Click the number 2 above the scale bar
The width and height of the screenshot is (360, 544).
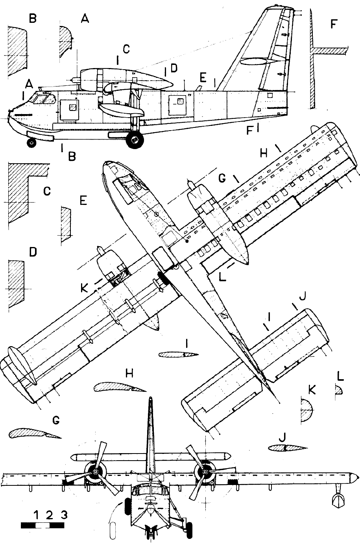[49, 514]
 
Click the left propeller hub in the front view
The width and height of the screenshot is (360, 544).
[95, 472]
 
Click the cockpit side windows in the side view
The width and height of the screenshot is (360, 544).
[43, 99]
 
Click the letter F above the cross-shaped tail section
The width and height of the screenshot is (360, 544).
[333, 25]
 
